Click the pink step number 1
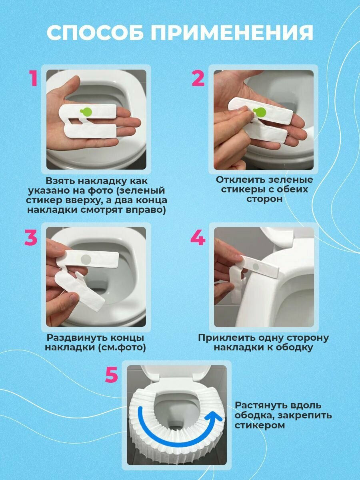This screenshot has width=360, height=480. (x=34, y=78)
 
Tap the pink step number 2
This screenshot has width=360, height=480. (x=198, y=78)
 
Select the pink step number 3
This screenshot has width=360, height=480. (x=31, y=237)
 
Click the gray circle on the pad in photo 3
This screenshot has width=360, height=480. (x=86, y=260)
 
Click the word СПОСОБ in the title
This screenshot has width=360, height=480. (x=94, y=33)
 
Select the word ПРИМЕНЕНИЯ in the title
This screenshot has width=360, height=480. (x=232, y=33)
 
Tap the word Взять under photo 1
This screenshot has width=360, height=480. (x=60, y=181)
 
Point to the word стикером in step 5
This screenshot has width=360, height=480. (x=260, y=425)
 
